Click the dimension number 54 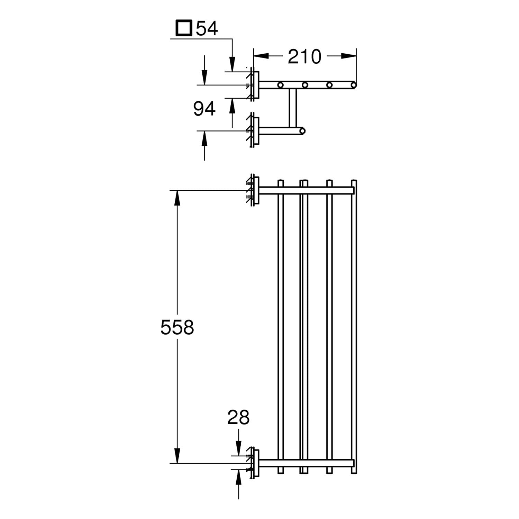(x=207, y=28)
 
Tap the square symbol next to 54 (x=184, y=28)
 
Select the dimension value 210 (x=304, y=56)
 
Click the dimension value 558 (x=177, y=327)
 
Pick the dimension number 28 (x=238, y=417)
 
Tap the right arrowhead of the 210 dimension (x=349, y=56)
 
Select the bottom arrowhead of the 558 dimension (x=177, y=455)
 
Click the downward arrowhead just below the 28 (x=238, y=448)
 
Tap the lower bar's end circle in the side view (x=303, y=131)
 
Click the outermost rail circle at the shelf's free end (x=354, y=85)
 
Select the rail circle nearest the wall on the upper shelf (x=280, y=85)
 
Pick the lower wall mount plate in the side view (x=256, y=131)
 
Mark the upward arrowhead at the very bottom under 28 (x=238, y=477)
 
